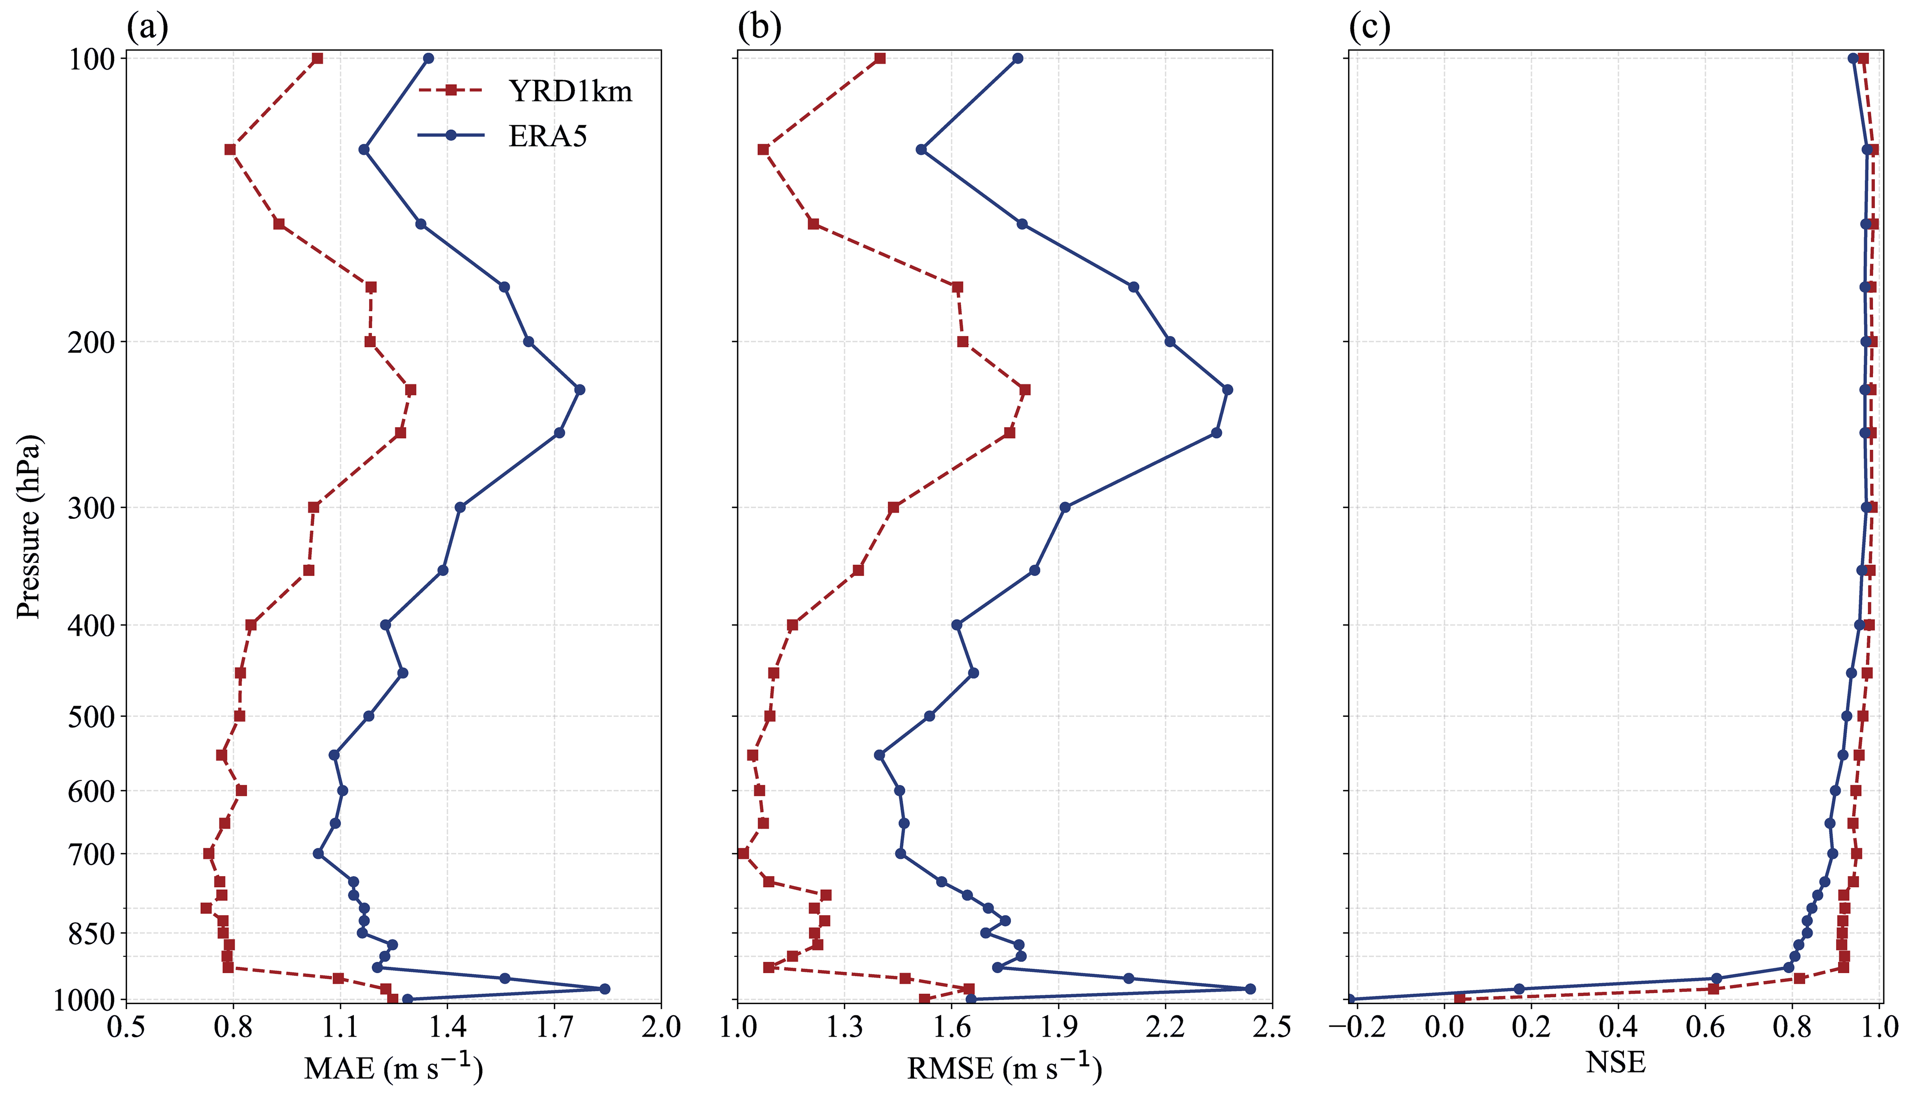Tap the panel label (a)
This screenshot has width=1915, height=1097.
coord(147,28)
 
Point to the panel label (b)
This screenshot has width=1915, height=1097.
coord(759,28)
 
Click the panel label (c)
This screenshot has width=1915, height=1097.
coord(1369,28)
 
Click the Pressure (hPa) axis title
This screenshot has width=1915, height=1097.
coord(29,526)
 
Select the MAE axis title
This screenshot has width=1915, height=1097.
coord(393,1067)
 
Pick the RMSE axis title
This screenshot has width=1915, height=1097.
coord(1003,1067)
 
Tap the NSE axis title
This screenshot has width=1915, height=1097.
coord(1615,1061)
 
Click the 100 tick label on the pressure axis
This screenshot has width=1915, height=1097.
coord(92,59)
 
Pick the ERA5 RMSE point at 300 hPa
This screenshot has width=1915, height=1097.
coord(1064,507)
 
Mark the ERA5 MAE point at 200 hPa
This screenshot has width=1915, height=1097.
coord(528,342)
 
